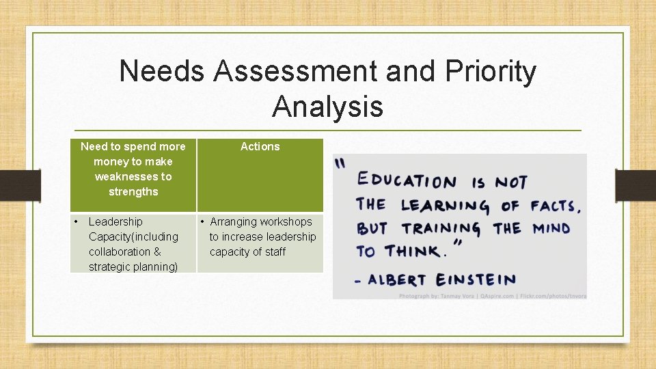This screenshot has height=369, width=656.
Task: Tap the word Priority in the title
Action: point(491,72)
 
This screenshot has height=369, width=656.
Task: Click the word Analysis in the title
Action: point(327,107)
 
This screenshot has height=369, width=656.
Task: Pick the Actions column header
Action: point(260,146)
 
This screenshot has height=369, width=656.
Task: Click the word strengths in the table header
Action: point(133,191)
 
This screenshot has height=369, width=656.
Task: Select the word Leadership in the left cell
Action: point(115,221)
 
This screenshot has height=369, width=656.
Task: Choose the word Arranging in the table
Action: point(234,221)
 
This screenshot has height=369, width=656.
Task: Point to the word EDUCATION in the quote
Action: point(407,181)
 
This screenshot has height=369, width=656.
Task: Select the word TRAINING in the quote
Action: point(441,228)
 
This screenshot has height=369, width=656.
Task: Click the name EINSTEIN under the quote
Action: point(476,279)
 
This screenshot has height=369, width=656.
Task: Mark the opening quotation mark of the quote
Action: point(339,163)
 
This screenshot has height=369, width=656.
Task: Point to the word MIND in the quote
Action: point(551,228)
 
